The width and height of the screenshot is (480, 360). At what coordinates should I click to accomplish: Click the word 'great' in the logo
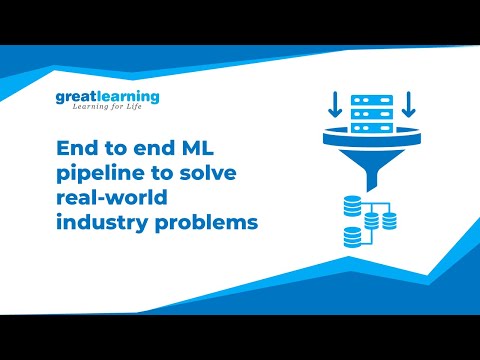coord(76,98)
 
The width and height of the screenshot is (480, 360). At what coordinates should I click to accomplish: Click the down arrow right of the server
coord(408,103)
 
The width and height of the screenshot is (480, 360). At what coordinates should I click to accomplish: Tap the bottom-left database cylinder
coord(352,238)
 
